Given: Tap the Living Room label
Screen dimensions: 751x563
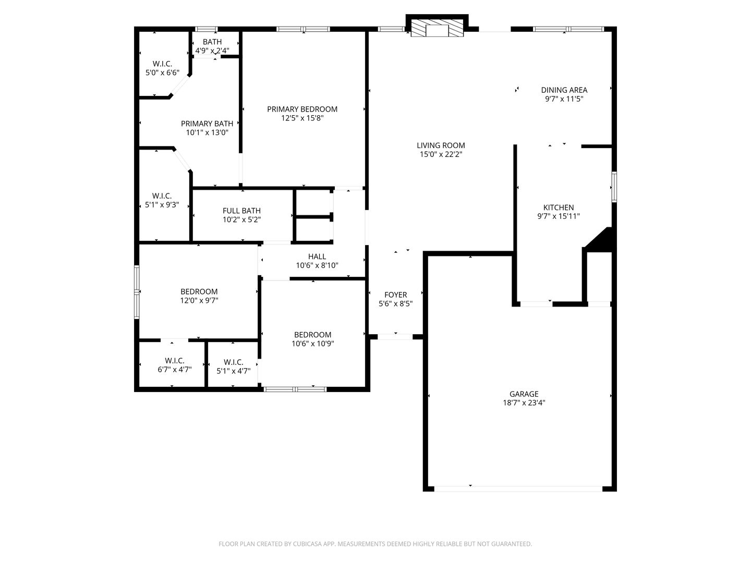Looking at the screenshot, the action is coord(441,145).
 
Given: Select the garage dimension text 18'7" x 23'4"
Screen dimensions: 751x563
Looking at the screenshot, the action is coord(524,402).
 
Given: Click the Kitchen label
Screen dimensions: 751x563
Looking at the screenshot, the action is coord(559,207).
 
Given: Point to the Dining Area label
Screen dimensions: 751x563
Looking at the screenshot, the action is coord(564,90).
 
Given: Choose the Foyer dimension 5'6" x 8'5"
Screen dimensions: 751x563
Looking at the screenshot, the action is coord(395,303).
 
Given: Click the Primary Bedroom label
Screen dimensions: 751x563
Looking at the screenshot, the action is coord(302,109).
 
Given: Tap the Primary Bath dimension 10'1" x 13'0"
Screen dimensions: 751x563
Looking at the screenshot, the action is coord(207,132).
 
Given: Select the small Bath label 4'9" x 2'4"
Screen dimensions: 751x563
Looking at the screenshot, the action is coord(212,46).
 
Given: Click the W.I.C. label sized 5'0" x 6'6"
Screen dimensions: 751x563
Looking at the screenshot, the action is coord(163,68).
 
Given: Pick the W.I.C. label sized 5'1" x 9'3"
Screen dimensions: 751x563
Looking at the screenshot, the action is coord(162,200).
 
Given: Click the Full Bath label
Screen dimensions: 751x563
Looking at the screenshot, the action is coord(241,211).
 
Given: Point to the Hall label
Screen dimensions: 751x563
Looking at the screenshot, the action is coord(317,256).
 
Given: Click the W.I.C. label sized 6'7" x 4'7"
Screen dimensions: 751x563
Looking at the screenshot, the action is coord(175,365).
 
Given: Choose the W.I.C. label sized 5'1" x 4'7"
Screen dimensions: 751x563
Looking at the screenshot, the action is coord(233,366).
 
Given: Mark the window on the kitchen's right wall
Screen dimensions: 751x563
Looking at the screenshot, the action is coord(614,187).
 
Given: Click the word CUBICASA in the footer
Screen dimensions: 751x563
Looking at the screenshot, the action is coord(308,544).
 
